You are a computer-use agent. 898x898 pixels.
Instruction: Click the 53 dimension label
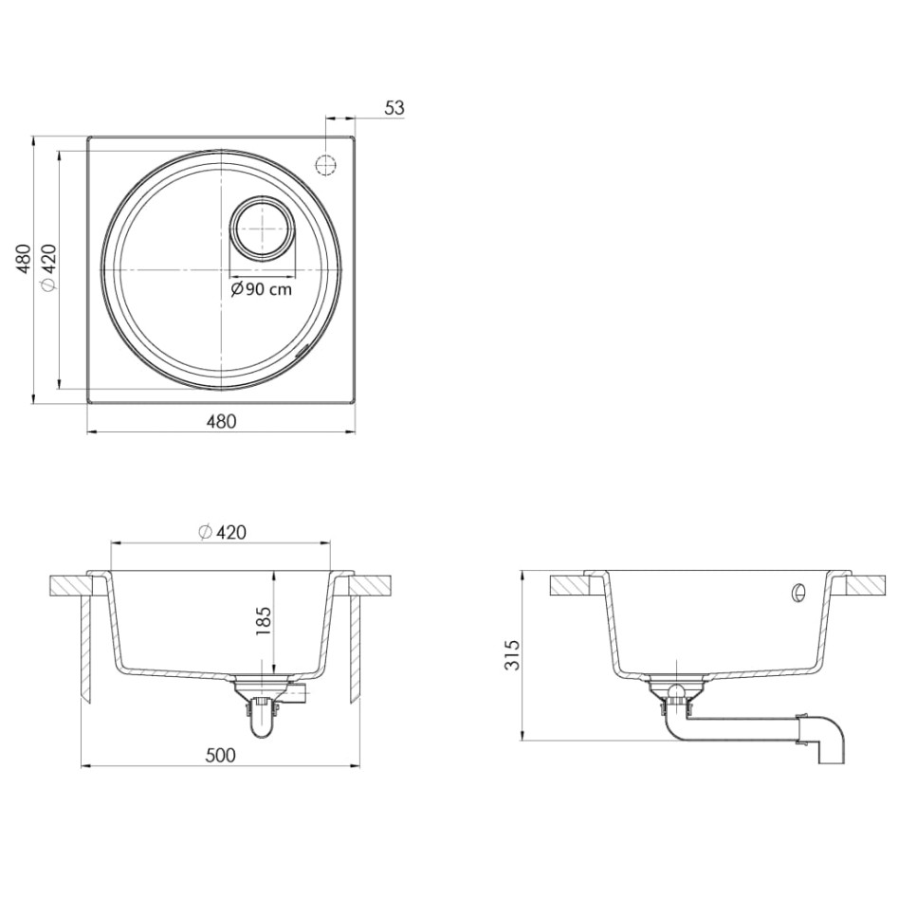pyautogui.click(x=394, y=108)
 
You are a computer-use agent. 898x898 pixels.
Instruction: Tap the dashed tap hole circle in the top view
pyautogui.click(x=325, y=164)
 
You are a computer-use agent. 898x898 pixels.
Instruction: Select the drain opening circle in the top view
pyautogui.click(x=262, y=229)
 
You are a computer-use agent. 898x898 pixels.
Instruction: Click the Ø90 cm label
pyautogui.click(x=263, y=290)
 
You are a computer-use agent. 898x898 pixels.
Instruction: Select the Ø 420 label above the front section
pyautogui.click(x=222, y=533)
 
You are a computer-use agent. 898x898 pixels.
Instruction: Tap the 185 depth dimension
pyautogui.click(x=264, y=621)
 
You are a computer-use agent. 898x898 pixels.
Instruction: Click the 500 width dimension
pyautogui.click(x=220, y=755)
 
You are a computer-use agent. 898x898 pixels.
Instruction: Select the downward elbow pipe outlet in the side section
pyautogui.click(x=829, y=740)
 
